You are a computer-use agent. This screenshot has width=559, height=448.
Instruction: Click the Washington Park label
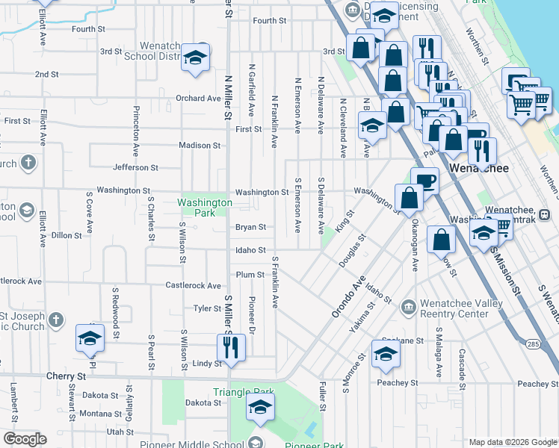click(205, 208)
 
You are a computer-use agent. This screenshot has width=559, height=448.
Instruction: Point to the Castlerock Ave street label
click(193, 285)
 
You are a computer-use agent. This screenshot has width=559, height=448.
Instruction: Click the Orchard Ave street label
click(198, 99)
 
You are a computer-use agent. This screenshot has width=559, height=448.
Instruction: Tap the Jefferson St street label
click(135, 168)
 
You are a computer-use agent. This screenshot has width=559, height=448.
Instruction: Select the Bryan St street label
click(250, 227)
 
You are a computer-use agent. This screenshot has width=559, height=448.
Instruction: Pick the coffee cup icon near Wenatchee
click(425, 180)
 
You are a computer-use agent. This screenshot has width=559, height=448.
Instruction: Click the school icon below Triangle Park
click(260, 407)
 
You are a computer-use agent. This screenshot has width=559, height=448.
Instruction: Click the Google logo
click(25, 438)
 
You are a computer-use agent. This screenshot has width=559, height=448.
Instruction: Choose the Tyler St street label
click(207, 308)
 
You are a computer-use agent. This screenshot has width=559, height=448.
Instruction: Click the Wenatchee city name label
click(479, 168)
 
